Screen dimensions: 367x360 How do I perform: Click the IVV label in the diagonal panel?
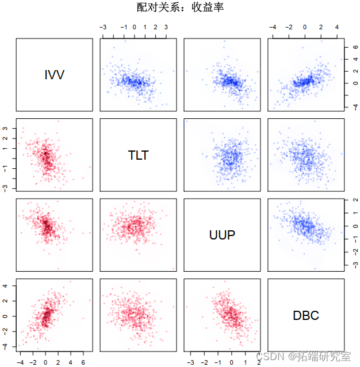pyautogui.click(x=54, y=75)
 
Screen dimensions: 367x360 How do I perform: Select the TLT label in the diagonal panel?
pyautogui.click(x=138, y=154)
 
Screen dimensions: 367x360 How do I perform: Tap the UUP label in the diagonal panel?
pyautogui.click(x=222, y=235)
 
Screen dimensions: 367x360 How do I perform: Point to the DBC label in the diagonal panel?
pyautogui.click(x=306, y=315)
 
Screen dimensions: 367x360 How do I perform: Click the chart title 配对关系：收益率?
pyautogui.click(x=180, y=7)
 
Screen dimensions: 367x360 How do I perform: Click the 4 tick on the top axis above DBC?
pyautogui.click(x=337, y=27)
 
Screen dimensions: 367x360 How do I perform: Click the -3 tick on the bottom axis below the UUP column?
pyautogui.click(x=190, y=362)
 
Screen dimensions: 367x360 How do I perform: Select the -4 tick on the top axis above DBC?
pyautogui.click(x=273, y=27)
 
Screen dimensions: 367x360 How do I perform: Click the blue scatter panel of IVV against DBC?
pyautogui.click(x=306, y=75)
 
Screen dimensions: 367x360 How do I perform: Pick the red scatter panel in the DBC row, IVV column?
pyautogui.click(x=54, y=315)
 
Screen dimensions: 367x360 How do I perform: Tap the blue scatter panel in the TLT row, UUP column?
pyautogui.click(x=222, y=154)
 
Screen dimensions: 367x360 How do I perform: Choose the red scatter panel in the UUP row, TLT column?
pyautogui.click(x=138, y=235)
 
